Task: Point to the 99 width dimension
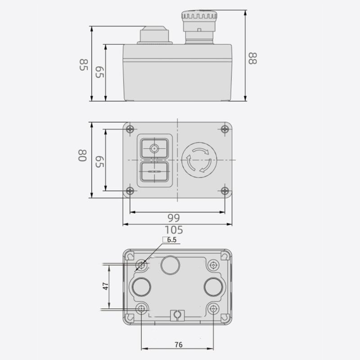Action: click(173, 218)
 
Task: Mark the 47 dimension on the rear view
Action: click(104, 287)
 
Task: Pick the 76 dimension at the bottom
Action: click(178, 345)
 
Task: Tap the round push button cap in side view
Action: click(155, 34)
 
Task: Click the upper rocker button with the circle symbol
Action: click(155, 148)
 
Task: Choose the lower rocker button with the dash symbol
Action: click(155, 171)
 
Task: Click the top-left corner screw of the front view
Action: click(130, 129)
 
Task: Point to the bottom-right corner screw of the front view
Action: click(225, 191)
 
